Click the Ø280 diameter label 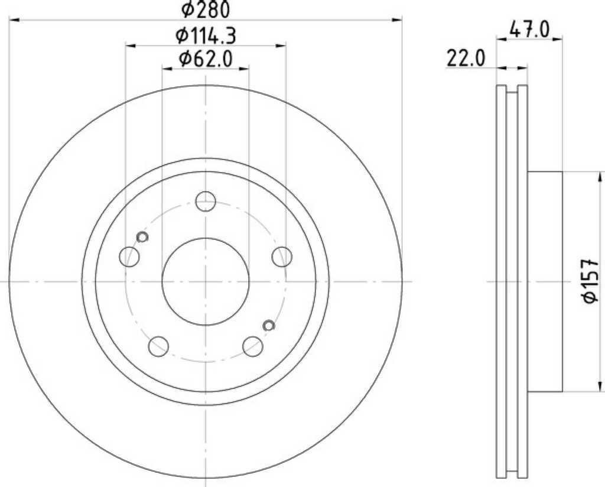206,9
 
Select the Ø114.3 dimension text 206,36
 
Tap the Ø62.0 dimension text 206,59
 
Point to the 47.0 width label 529,30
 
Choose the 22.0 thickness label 466,59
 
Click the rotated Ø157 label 590,281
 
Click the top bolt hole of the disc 205,201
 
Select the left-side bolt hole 129,257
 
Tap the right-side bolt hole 282,257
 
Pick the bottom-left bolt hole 158,346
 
